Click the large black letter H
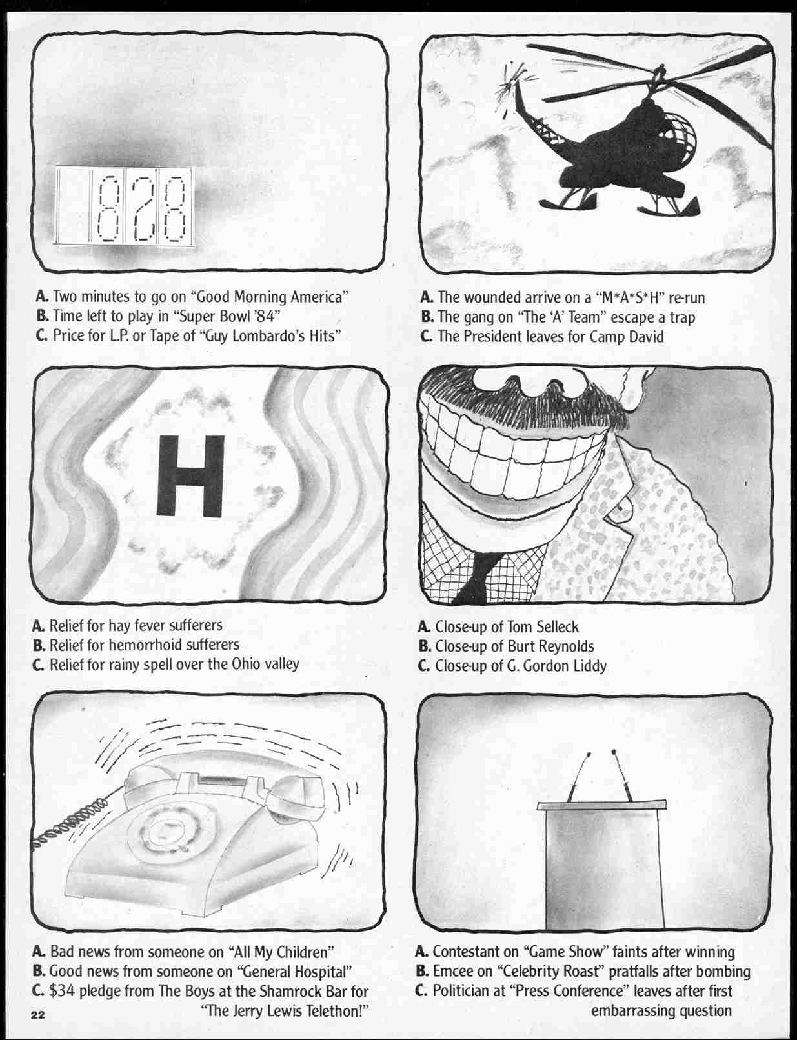pyautogui.click(x=191, y=476)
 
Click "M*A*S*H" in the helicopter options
pyautogui.click(x=629, y=297)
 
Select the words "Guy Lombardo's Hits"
pyautogui.click(x=273, y=336)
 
